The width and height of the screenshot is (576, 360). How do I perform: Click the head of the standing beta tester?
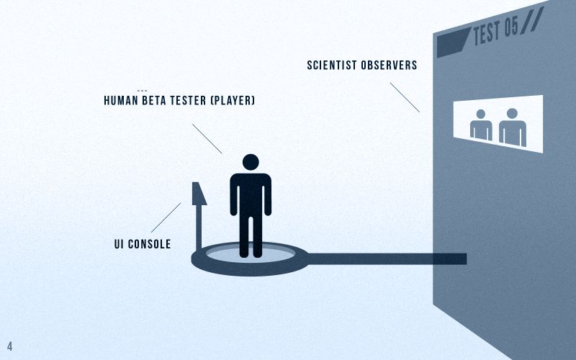click(x=251, y=162)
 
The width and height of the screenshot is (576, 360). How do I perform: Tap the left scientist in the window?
click(x=481, y=125)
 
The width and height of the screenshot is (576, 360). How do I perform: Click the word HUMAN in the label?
click(x=122, y=101)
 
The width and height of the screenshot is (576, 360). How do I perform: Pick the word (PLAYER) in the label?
click(x=232, y=101)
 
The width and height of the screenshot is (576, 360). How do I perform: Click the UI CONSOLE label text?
click(x=143, y=244)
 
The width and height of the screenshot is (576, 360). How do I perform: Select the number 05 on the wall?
click(x=510, y=28)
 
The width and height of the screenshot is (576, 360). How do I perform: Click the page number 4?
click(x=10, y=346)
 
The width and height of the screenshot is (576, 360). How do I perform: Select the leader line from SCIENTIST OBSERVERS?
click(x=405, y=97)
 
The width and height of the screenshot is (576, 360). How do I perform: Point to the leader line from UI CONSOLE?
click(x=166, y=217)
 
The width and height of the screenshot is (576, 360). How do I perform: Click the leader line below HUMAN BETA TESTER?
click(x=207, y=138)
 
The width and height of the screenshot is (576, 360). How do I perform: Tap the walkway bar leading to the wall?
click(x=389, y=258)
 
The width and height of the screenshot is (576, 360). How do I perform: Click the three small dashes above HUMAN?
click(x=142, y=90)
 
